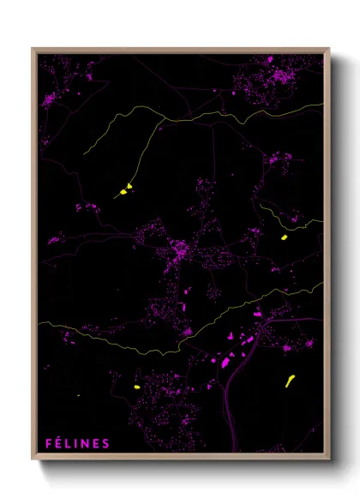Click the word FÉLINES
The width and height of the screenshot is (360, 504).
pyautogui.click(x=77, y=443)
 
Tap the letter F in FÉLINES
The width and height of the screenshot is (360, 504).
pyautogui.click(x=49, y=443)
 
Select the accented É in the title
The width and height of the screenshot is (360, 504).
pyautogui.click(x=59, y=443)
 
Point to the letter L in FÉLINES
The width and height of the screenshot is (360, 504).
pyautogui.click(x=69, y=443)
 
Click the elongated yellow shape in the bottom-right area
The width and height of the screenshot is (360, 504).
pyautogui.click(x=290, y=380)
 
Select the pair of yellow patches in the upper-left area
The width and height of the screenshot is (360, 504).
pyautogui.click(x=125, y=189)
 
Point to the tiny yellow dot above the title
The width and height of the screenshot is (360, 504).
pyautogui.click(x=77, y=393)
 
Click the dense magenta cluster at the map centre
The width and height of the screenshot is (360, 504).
pyautogui.click(x=180, y=251)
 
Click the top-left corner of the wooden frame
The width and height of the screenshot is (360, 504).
pyautogui.click(x=33, y=50)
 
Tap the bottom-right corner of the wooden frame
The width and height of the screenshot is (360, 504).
pyautogui.click(x=328, y=457)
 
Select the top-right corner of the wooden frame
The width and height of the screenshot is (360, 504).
pyautogui.click(x=328, y=50)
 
